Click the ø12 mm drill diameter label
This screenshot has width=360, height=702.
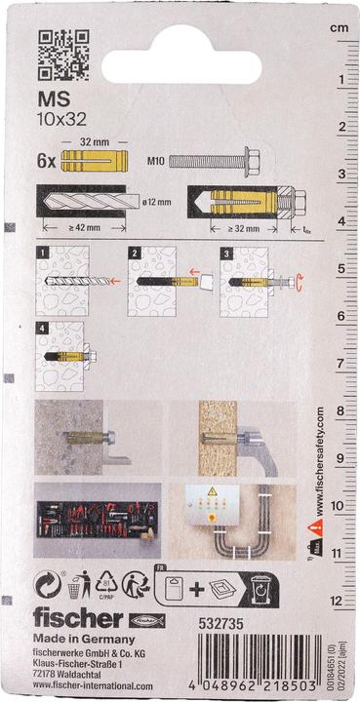(154, 203)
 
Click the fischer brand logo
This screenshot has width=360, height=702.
(78, 618)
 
